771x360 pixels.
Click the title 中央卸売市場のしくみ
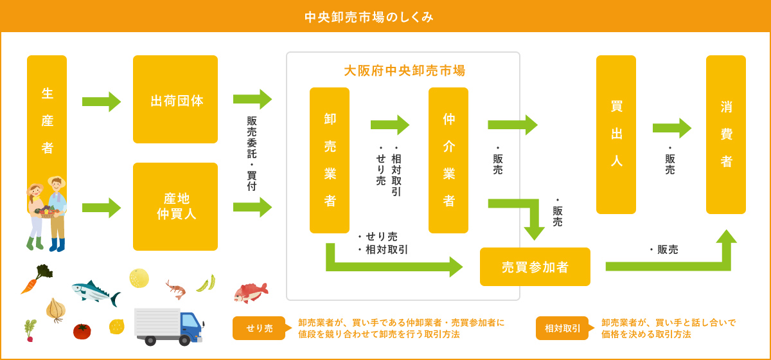coord(369,17)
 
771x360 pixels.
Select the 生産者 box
coord(47,120)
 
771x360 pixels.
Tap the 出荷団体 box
coord(175,100)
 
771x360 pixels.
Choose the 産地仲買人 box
coord(175,206)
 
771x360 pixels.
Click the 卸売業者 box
coord(330,160)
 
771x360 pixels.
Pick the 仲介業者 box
coord(448,160)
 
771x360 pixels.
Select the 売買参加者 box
coord(535,267)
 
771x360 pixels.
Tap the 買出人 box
coord(616,134)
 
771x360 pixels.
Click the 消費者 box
coord(726,134)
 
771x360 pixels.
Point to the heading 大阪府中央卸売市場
coord(404,70)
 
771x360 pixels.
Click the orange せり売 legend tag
coord(259,328)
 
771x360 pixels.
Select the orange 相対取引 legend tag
coord(562,328)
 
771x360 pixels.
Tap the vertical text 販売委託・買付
coord(252,154)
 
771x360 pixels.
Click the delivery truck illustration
coord(168,326)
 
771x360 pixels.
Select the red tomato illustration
coord(82,331)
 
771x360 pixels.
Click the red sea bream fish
coord(251,292)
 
